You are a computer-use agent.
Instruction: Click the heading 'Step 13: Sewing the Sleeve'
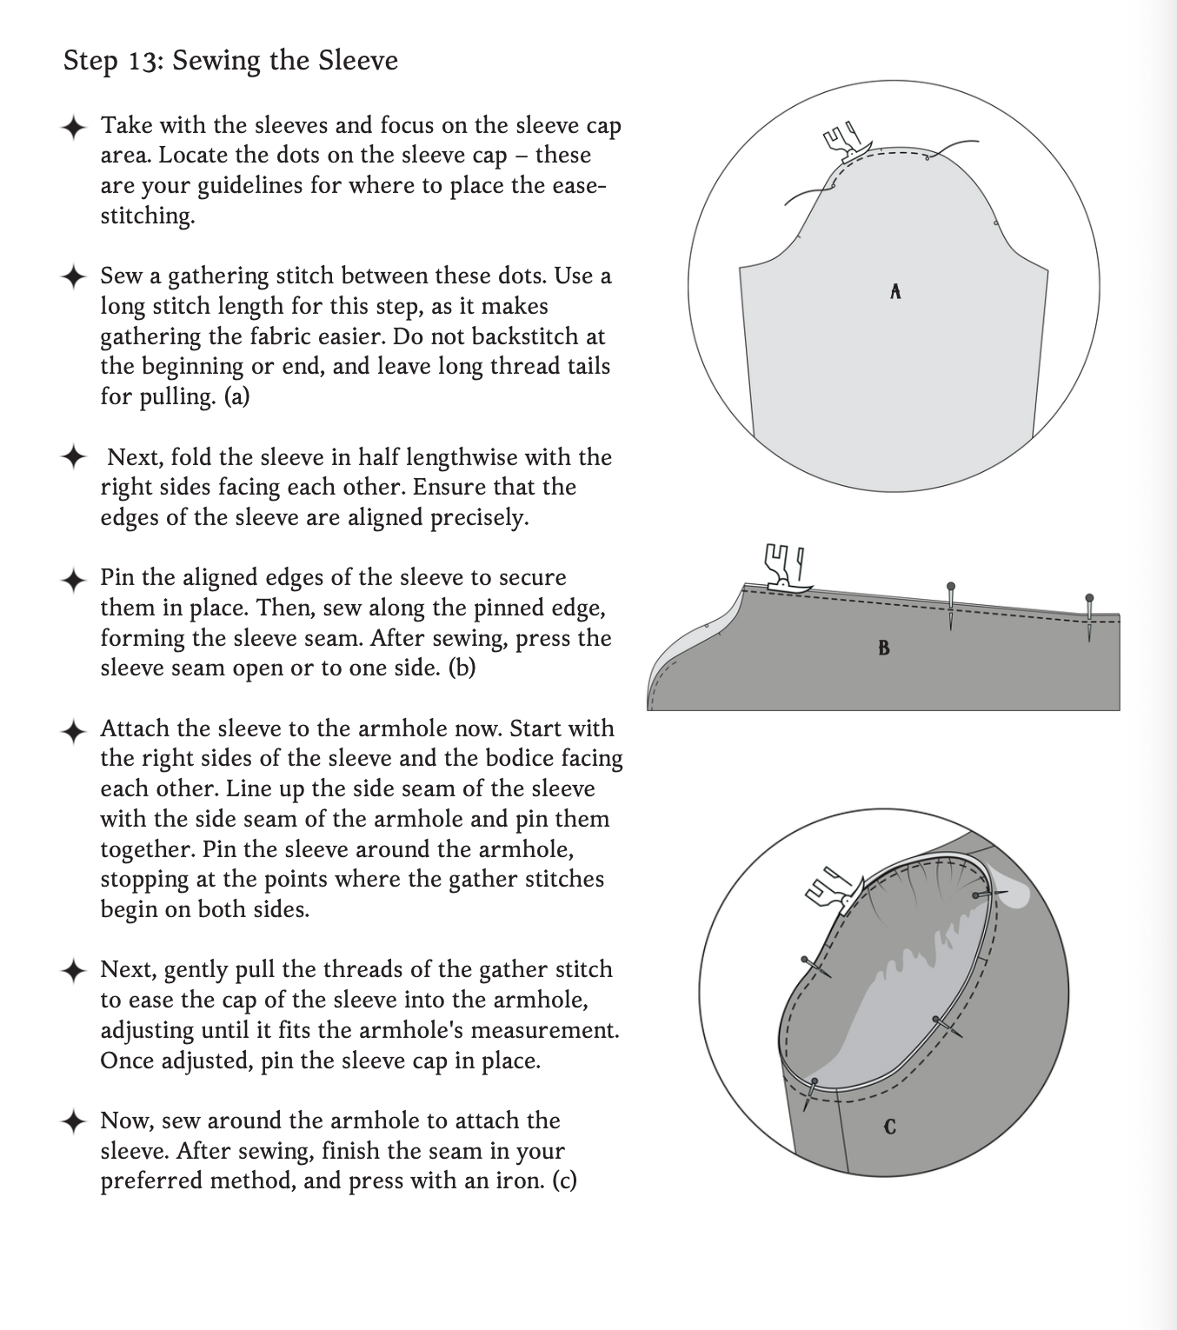230,61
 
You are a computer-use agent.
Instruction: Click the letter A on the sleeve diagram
895,292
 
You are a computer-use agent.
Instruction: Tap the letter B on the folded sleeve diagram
884,648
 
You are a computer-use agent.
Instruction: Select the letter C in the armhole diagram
889,1127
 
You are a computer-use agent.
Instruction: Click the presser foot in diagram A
841,141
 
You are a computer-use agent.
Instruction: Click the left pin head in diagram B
951,587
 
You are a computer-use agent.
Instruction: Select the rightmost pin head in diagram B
1089,598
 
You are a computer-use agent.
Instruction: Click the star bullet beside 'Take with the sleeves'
74,127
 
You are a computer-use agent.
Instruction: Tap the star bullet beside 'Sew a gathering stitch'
74,277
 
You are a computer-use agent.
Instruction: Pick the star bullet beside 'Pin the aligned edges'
74,579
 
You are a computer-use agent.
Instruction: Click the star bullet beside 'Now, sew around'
74,1121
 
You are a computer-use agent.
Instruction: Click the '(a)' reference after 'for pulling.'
236,396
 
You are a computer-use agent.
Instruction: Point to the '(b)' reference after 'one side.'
462,668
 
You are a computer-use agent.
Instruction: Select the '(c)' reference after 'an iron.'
564,1180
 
